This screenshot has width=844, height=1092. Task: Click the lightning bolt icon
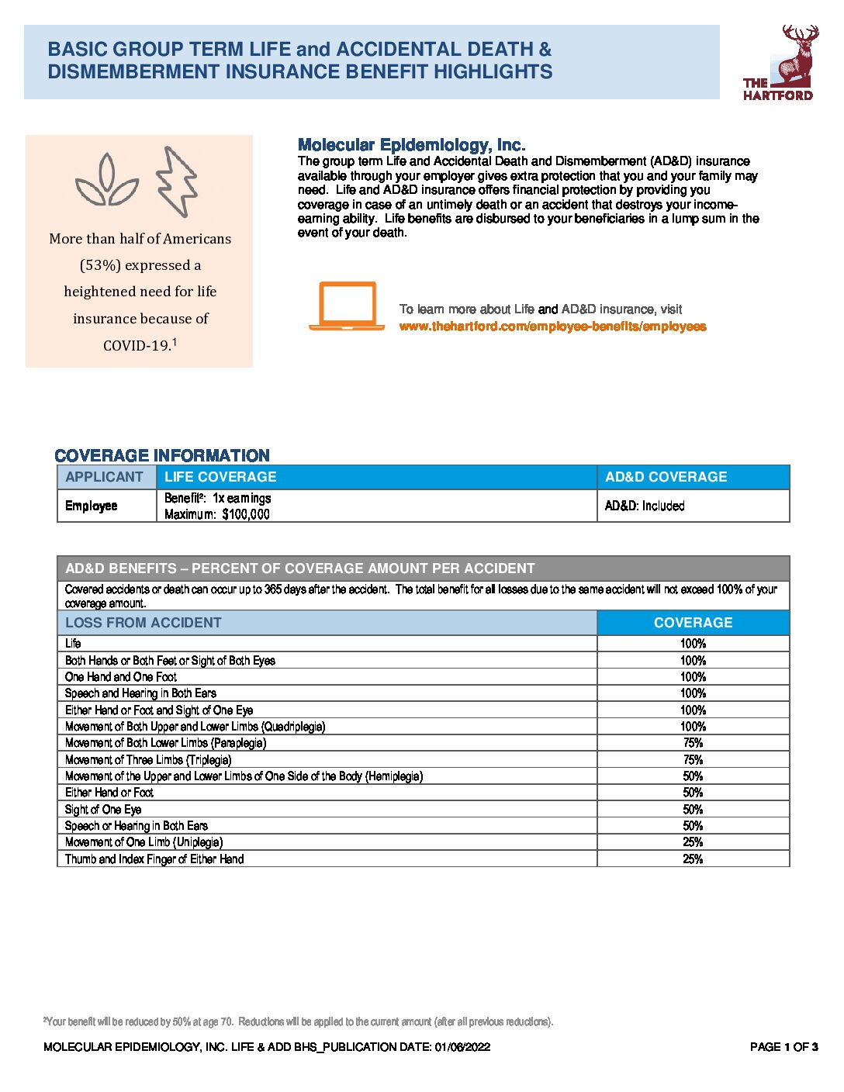pyautogui.click(x=178, y=181)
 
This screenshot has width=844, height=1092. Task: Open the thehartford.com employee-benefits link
pyautogui.click(x=552, y=327)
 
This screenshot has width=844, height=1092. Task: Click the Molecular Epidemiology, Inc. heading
pyautogui.click(x=411, y=145)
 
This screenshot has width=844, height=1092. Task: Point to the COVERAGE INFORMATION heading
pyautogui.click(x=162, y=455)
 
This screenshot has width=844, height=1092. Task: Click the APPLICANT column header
pyautogui.click(x=105, y=477)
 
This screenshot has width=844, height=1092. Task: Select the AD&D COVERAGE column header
pyautogui.click(x=666, y=477)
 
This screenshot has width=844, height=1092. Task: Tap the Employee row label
pyautogui.click(x=92, y=506)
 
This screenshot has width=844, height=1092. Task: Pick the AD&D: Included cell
pyautogui.click(x=645, y=506)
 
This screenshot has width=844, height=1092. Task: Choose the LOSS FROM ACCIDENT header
pyautogui.click(x=144, y=623)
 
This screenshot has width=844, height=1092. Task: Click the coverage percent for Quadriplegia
pyautogui.click(x=693, y=727)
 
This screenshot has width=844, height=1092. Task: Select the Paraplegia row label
pyautogui.click(x=166, y=743)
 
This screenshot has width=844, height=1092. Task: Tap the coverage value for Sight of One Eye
pyautogui.click(x=693, y=809)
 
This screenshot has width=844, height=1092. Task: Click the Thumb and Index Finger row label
pyautogui.click(x=154, y=859)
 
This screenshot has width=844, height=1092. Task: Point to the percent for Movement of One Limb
pyautogui.click(x=693, y=842)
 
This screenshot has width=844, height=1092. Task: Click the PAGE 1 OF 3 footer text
pyautogui.click(x=783, y=1047)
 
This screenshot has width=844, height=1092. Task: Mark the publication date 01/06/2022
pyautogui.click(x=462, y=1047)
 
